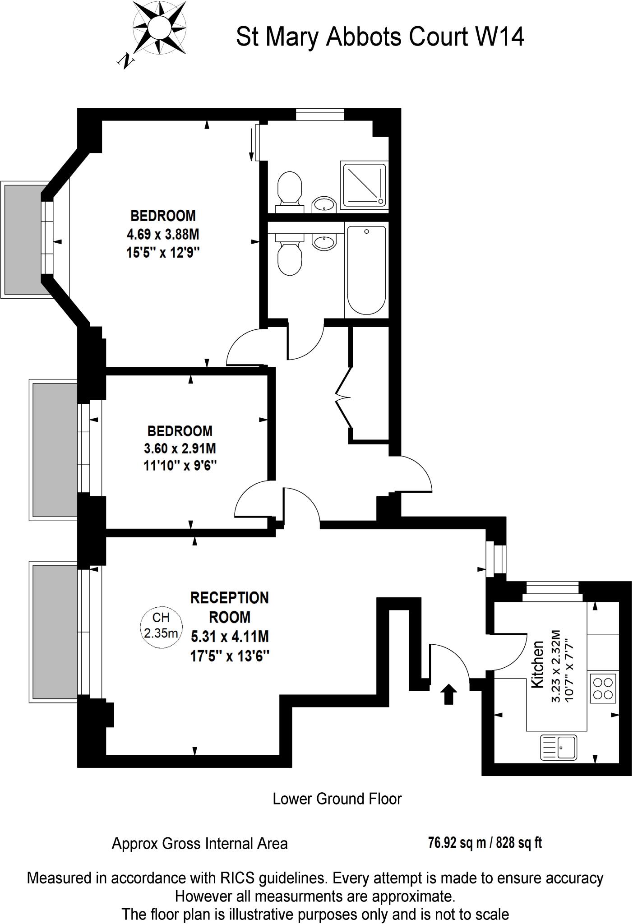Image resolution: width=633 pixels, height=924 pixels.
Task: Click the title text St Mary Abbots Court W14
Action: tap(380, 37)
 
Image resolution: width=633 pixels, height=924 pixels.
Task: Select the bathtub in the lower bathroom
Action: tap(366, 271)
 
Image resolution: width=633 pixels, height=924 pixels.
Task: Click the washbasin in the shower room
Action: tap(324, 204)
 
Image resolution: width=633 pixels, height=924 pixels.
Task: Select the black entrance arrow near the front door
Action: tap(448, 693)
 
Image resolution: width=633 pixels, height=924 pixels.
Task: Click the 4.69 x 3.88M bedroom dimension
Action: tap(163, 235)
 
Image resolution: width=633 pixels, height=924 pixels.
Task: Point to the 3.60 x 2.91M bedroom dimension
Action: tap(180, 448)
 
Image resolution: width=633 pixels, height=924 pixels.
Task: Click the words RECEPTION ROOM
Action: tap(229, 607)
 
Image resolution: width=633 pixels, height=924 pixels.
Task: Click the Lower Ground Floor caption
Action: tap(337, 799)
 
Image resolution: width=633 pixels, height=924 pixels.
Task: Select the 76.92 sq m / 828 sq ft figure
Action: tap(485, 842)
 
